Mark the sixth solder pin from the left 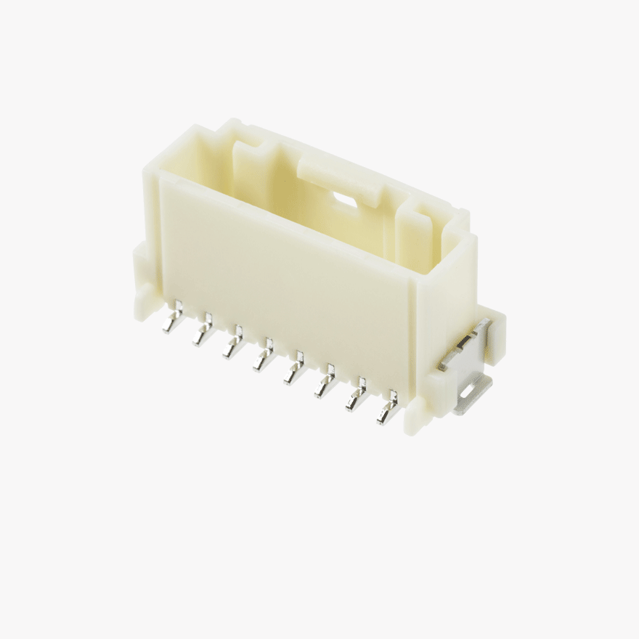pyautogui.click(x=324, y=381)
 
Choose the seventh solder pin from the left pyautogui.click(x=356, y=396)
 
